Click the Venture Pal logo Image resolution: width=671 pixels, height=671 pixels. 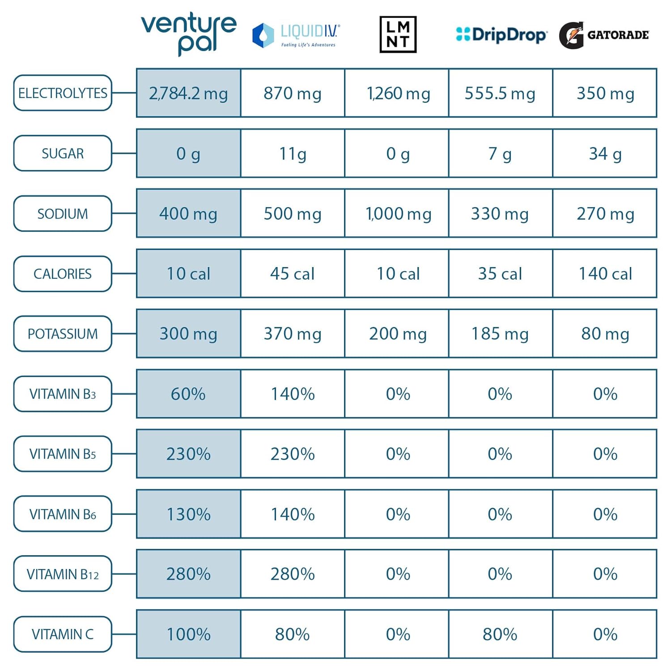[x=188, y=34]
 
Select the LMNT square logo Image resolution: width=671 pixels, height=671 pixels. [x=398, y=34]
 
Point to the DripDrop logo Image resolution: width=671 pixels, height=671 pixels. [x=501, y=34]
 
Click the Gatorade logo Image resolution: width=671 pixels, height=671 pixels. [x=604, y=35]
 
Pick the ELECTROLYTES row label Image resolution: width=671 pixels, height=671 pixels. [x=63, y=93]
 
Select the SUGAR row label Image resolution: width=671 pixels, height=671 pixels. [x=63, y=153]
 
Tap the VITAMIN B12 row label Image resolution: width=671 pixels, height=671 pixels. [x=63, y=574]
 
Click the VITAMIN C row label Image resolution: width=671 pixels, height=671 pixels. [x=63, y=634]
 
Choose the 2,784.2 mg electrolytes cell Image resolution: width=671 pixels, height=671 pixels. [x=188, y=93]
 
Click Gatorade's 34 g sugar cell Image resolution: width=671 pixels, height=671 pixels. [x=605, y=153]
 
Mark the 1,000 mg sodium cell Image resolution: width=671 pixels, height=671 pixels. [x=398, y=213]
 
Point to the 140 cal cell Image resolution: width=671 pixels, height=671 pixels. [x=605, y=273]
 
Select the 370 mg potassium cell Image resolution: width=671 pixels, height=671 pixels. [x=293, y=333]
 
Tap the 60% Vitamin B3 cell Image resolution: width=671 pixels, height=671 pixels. [x=188, y=394]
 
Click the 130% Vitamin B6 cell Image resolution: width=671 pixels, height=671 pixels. [x=188, y=514]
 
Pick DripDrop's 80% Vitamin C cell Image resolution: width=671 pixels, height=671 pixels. [x=500, y=634]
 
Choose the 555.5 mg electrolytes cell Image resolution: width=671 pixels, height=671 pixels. [x=500, y=93]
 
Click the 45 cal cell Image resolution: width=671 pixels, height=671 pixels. [x=293, y=273]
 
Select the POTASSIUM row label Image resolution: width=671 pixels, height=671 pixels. [x=63, y=334]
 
